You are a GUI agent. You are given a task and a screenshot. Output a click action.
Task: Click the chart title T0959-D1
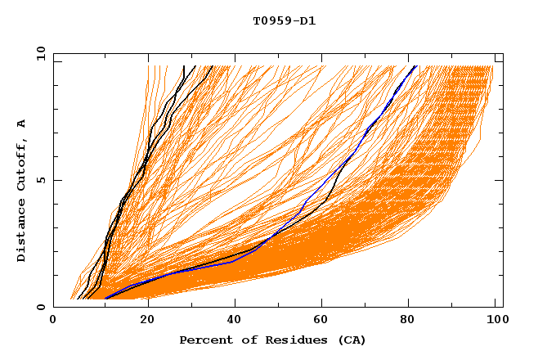[284, 21]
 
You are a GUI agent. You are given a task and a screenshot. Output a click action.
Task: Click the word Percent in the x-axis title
[204, 340]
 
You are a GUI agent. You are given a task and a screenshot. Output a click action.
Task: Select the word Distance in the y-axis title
[22, 232]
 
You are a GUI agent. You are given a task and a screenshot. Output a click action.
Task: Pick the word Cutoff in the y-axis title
[22, 162]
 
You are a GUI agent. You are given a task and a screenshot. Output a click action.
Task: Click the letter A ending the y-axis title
[22, 123]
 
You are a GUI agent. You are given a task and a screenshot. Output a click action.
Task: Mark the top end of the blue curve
[415, 65]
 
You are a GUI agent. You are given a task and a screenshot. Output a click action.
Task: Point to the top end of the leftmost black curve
[185, 65]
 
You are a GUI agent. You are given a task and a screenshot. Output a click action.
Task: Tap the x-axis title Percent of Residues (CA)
[272, 340]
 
